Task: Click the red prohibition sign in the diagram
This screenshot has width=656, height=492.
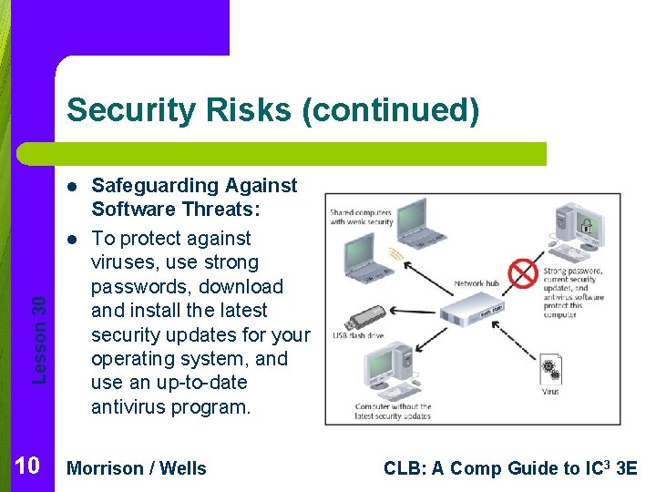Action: pos(524,272)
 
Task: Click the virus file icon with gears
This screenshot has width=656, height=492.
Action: pos(551,369)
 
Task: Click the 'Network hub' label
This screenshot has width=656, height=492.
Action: pos(477,283)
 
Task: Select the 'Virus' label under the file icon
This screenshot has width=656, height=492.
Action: pos(551,393)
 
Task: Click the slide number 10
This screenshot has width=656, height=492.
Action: pos(26,467)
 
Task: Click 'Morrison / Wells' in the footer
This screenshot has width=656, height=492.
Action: pos(138,468)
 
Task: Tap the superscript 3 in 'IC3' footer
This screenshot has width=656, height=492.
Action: pos(610,463)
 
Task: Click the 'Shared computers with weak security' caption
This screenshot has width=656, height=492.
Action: pos(362,216)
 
